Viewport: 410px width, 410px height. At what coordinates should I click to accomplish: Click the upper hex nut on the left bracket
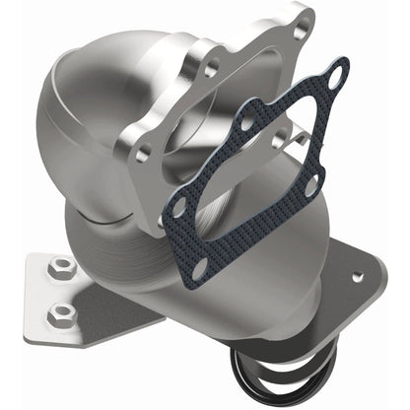[x=61, y=265]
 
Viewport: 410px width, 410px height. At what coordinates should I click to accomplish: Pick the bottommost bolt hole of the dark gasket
[x=201, y=266]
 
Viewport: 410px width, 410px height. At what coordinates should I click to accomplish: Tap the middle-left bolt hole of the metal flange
[x=210, y=70]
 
